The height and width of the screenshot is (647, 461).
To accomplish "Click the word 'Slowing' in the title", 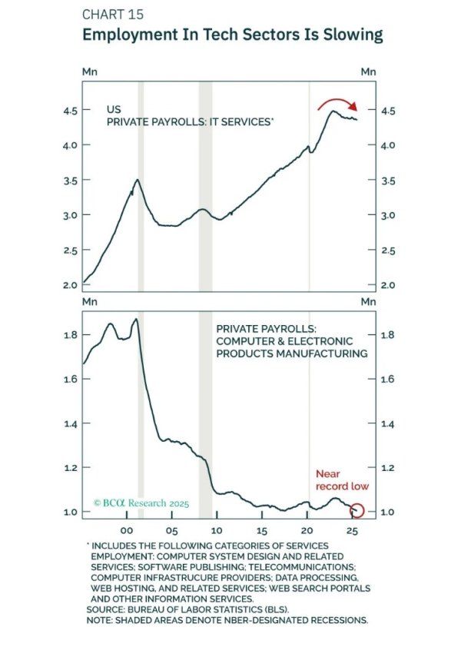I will pos(348,35).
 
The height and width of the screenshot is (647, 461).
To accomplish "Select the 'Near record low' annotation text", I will pos(342,480).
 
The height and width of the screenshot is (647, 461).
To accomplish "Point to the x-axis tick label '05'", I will pos(171,531).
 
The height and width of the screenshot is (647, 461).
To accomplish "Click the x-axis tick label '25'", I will pos(352,531).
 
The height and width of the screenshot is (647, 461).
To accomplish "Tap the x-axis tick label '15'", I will pos(261,531).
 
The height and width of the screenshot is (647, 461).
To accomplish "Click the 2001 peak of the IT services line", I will pos(138,180).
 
